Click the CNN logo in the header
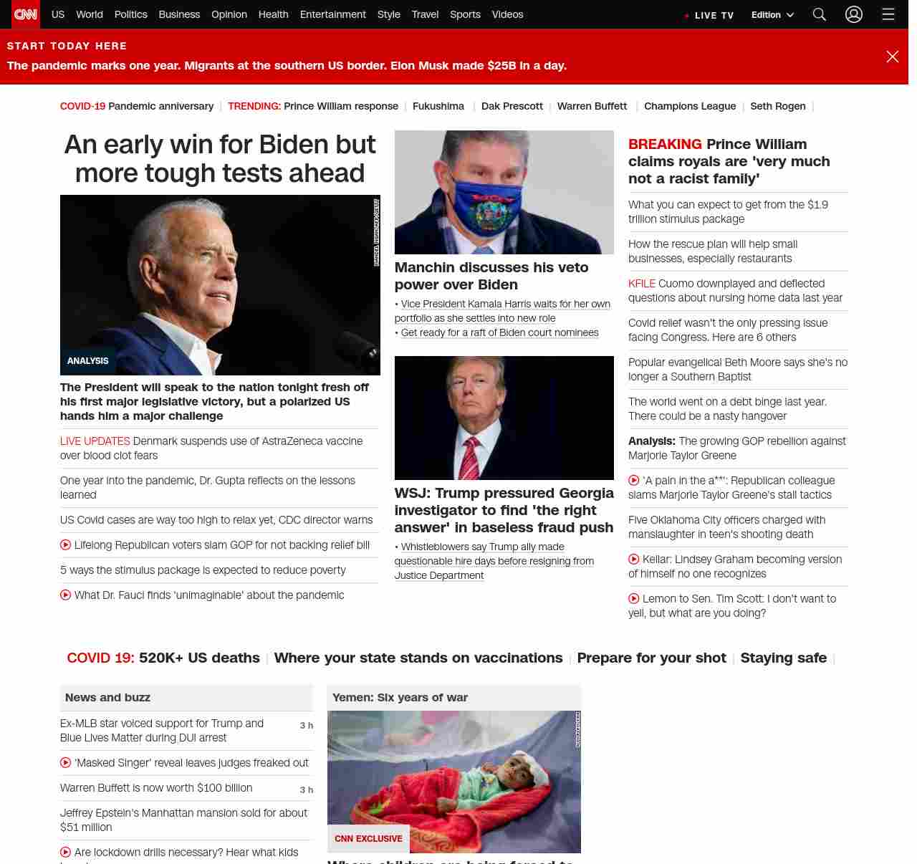[26, 14]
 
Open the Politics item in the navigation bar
[130, 14]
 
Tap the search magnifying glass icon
[820, 14]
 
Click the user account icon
[853, 14]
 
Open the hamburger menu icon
[888, 14]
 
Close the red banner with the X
[892, 57]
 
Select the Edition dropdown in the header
[772, 15]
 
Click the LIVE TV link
[710, 15]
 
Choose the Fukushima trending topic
[438, 106]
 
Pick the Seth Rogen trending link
[777, 106]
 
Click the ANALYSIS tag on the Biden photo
[88, 361]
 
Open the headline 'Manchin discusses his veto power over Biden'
[491, 276]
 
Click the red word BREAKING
[665, 144]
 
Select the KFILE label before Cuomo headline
[642, 284]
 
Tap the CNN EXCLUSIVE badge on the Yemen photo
[368, 838]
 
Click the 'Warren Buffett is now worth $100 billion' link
[156, 788]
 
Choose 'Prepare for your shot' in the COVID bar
[651, 658]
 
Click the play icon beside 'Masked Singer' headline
[66, 763]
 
